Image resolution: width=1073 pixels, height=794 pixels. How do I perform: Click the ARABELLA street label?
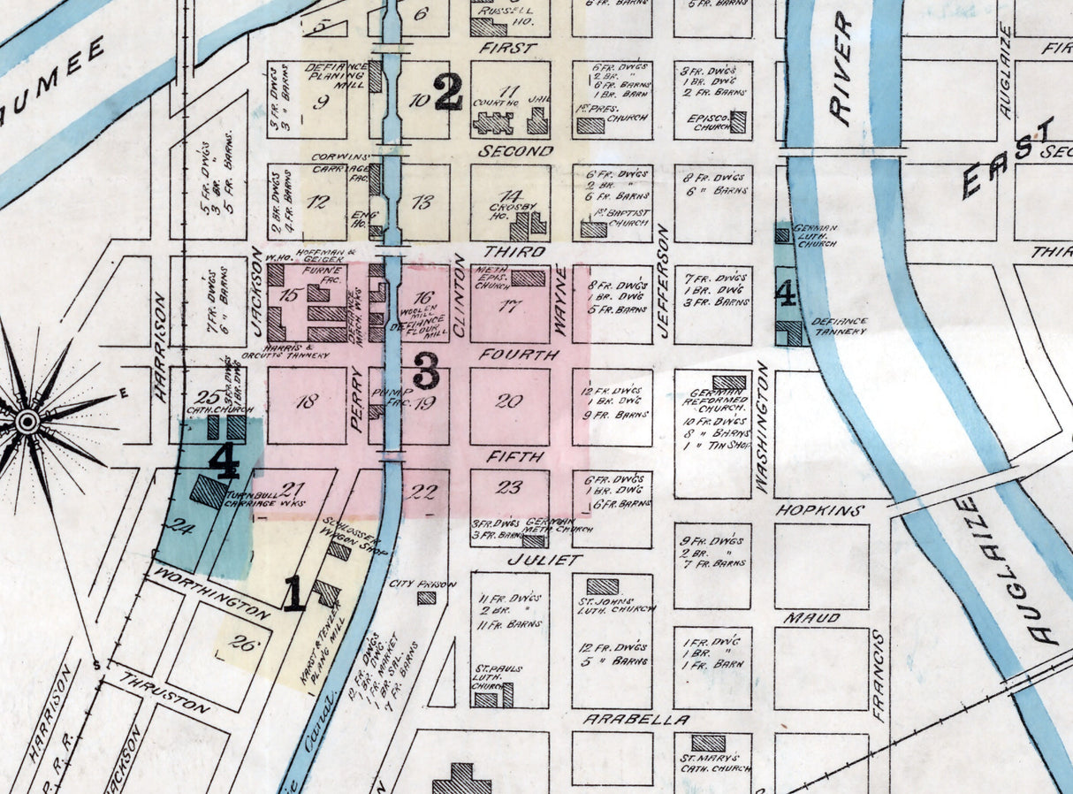click(x=623, y=720)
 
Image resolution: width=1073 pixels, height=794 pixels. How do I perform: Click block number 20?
click(x=508, y=401)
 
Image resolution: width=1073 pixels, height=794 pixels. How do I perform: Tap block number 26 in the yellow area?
click(x=240, y=644)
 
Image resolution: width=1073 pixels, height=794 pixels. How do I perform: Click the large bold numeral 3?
click(x=426, y=370)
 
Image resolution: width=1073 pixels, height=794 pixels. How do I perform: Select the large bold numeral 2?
click(x=447, y=91)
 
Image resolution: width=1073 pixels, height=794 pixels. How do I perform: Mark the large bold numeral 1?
click(x=294, y=593)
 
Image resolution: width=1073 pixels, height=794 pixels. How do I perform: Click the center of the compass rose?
click(x=27, y=422)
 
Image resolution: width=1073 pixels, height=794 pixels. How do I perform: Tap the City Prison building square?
click(x=427, y=598)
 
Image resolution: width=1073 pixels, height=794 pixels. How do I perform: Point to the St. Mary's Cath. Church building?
click(x=708, y=744)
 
